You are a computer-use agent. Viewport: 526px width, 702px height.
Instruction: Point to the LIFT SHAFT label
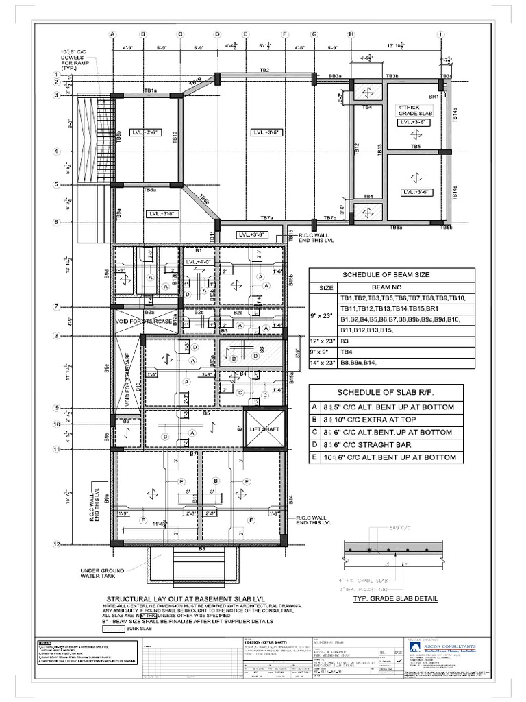(262, 429)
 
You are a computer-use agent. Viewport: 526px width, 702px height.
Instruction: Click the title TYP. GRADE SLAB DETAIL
(394, 598)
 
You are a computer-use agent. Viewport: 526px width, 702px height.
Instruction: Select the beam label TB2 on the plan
(264, 70)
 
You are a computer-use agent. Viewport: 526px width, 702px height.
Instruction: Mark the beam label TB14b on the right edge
(454, 114)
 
